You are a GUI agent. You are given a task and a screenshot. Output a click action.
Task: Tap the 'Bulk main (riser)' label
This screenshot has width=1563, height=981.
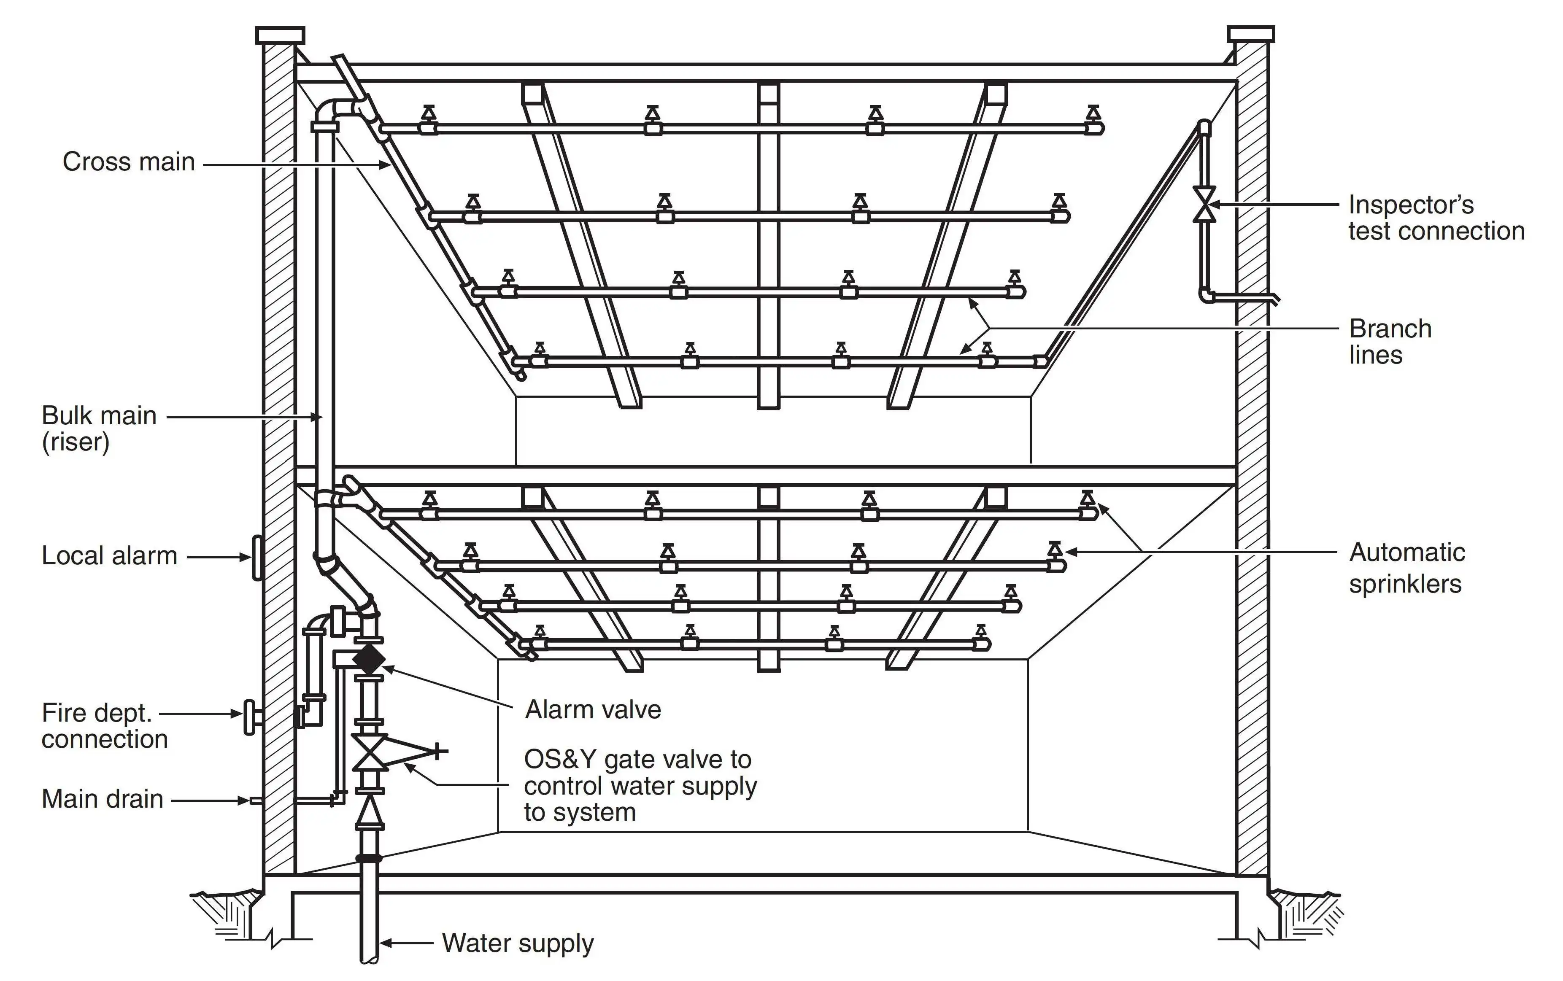99,428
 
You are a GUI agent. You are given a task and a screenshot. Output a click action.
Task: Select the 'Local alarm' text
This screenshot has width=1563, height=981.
109,556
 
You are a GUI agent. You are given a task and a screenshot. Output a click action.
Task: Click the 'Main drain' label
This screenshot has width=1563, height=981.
102,799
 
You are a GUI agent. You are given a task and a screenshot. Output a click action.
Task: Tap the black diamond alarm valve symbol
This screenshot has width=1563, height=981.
369,658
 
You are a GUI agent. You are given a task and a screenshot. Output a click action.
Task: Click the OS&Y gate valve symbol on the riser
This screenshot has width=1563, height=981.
369,752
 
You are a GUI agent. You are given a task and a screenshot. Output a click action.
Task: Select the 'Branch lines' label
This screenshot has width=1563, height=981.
1389,342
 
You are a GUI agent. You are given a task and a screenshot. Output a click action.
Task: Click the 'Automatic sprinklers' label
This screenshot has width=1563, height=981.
1406,568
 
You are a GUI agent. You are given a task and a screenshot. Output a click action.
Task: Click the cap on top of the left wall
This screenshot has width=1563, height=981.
280,35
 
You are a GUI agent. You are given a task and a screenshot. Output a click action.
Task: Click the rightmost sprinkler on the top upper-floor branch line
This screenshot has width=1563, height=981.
1093,117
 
